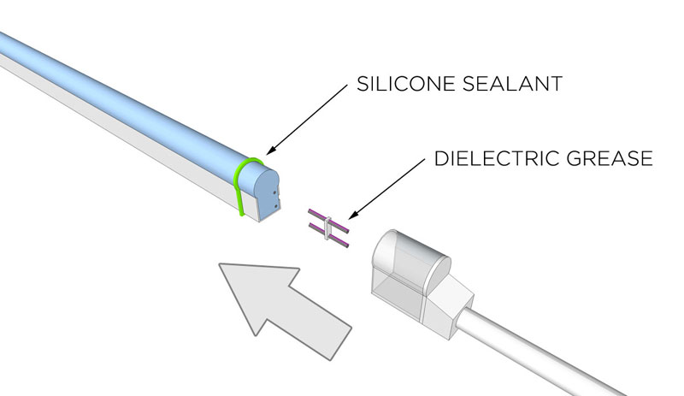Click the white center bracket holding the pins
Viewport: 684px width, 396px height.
coord(326,228)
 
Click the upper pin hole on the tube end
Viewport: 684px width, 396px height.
coord(275,194)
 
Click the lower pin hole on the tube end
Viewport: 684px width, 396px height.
coord(274,205)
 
